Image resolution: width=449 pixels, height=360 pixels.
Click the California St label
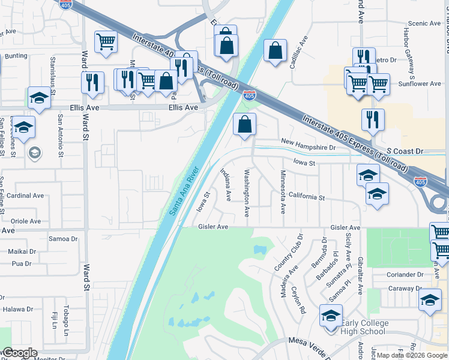tap(306, 197)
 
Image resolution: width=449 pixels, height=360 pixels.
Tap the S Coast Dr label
tap(405, 152)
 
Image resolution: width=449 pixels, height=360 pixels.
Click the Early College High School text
tap(364, 328)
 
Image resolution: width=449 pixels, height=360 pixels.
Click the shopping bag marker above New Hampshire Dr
tap(244, 125)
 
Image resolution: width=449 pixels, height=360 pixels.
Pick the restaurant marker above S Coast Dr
tap(373, 119)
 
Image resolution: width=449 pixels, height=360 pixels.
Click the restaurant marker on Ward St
tap(92, 82)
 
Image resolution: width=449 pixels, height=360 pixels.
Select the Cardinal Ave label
tap(25, 196)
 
